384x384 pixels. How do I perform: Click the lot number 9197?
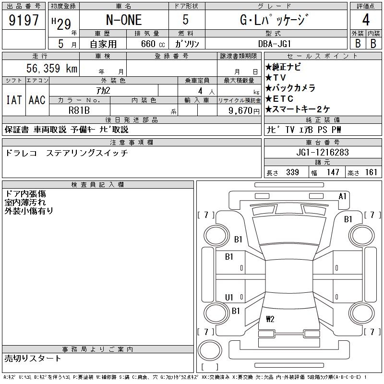click(24, 21)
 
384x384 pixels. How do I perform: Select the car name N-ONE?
click(123, 21)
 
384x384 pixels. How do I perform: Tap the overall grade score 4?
click(366, 21)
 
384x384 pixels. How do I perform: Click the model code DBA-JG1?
click(276, 44)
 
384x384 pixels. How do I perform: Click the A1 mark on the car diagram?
click(343, 196)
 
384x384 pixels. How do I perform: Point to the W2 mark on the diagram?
click(270, 318)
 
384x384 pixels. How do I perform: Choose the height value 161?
click(371, 172)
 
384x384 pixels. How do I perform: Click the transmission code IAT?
click(13, 100)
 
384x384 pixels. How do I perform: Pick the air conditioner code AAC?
click(37, 100)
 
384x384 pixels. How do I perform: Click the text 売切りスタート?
click(33, 358)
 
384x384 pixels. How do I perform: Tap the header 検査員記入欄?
click(98, 185)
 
